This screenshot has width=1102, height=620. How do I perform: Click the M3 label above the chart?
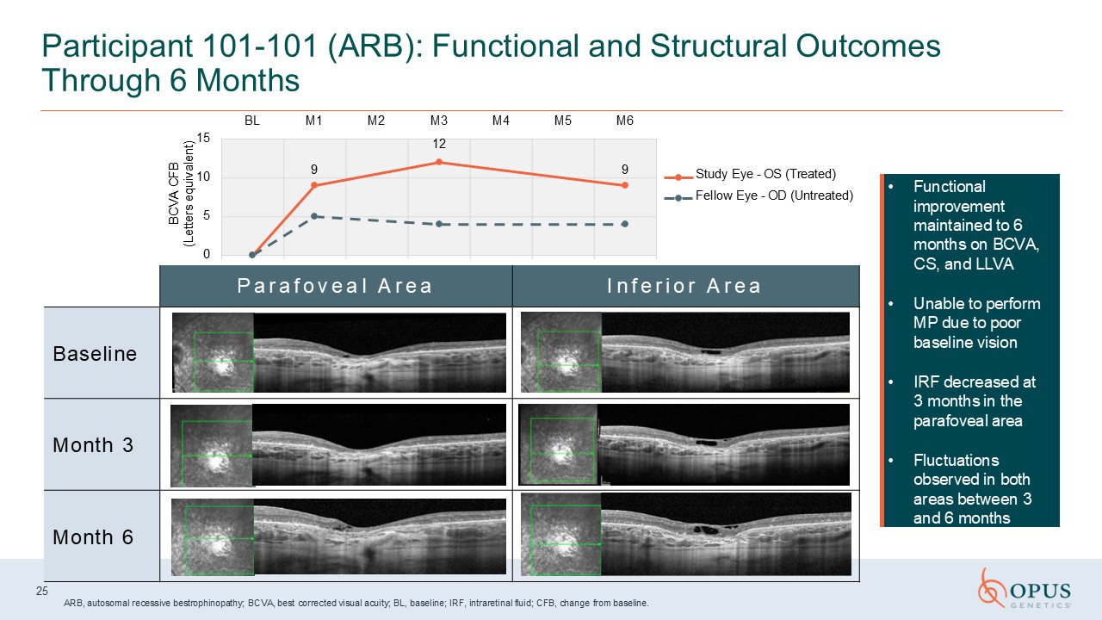coord(439,121)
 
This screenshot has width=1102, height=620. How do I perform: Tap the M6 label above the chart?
coord(625,121)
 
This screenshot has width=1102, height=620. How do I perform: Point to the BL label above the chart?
coord(252,121)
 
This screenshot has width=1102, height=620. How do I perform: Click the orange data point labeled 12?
coord(439,162)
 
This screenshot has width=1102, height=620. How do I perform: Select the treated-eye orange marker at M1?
coord(314,185)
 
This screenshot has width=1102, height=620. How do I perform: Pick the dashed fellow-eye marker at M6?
coord(625,224)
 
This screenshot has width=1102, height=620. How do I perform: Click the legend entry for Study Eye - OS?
coord(750,174)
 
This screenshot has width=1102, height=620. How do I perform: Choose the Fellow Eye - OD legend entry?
coord(759,195)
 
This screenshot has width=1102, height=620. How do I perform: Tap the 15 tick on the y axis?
coord(203,139)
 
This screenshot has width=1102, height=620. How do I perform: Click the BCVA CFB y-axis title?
coord(181,194)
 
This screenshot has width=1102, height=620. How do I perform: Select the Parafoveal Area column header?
coord(335,286)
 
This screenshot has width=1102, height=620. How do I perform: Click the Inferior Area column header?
coord(684,286)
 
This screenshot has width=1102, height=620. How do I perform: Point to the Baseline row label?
coord(95,354)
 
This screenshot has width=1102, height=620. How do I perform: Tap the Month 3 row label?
coord(93,445)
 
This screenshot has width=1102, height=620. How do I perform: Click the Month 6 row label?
coord(93,536)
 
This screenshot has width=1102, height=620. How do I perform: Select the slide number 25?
coord(42,591)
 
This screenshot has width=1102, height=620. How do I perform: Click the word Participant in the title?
coord(118,47)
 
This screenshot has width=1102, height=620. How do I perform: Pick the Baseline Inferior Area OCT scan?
coord(685,352)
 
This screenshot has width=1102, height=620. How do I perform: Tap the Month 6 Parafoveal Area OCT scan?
coord(338,536)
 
